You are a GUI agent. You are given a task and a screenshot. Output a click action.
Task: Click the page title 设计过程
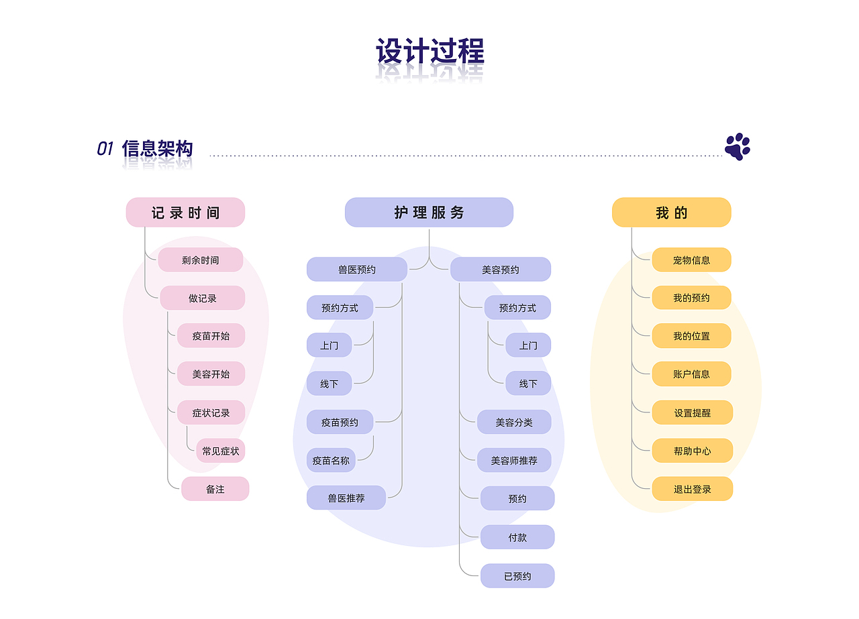tap(429, 52)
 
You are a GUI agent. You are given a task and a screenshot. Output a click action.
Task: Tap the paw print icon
tap(737, 147)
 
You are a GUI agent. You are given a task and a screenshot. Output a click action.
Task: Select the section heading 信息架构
tap(158, 149)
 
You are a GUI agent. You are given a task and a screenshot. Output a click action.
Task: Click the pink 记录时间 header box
tap(185, 213)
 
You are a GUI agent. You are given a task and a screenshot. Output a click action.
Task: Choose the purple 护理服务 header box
tap(429, 213)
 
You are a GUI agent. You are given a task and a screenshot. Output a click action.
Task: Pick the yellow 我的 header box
tap(671, 213)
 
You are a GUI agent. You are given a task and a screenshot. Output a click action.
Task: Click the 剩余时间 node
tap(200, 260)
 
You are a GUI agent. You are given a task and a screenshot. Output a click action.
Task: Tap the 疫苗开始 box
tap(211, 336)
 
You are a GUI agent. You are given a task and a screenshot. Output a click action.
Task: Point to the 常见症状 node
tap(220, 451)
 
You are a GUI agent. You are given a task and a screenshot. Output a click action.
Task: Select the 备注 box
tap(215, 490)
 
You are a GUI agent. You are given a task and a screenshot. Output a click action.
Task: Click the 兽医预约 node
tap(357, 270)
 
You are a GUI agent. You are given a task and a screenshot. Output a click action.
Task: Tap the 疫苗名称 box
tap(331, 461)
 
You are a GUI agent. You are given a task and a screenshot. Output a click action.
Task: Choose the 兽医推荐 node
tap(346, 498)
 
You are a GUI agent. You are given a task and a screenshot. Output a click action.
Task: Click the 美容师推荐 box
tap(513, 461)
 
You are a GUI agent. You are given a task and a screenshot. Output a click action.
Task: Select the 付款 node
tap(517, 537)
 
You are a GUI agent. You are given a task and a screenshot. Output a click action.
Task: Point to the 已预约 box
tap(517, 576)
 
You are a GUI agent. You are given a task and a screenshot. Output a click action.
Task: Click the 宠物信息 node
tap(691, 260)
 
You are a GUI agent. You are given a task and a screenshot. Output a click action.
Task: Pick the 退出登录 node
tap(692, 490)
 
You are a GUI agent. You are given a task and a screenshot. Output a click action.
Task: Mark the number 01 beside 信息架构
tap(105, 149)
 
